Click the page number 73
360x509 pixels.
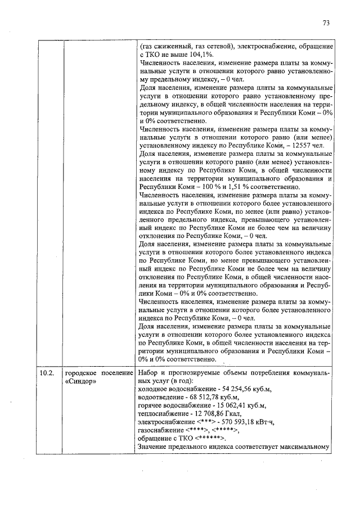(x=326, y=23)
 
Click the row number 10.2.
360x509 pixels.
(x=47, y=372)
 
